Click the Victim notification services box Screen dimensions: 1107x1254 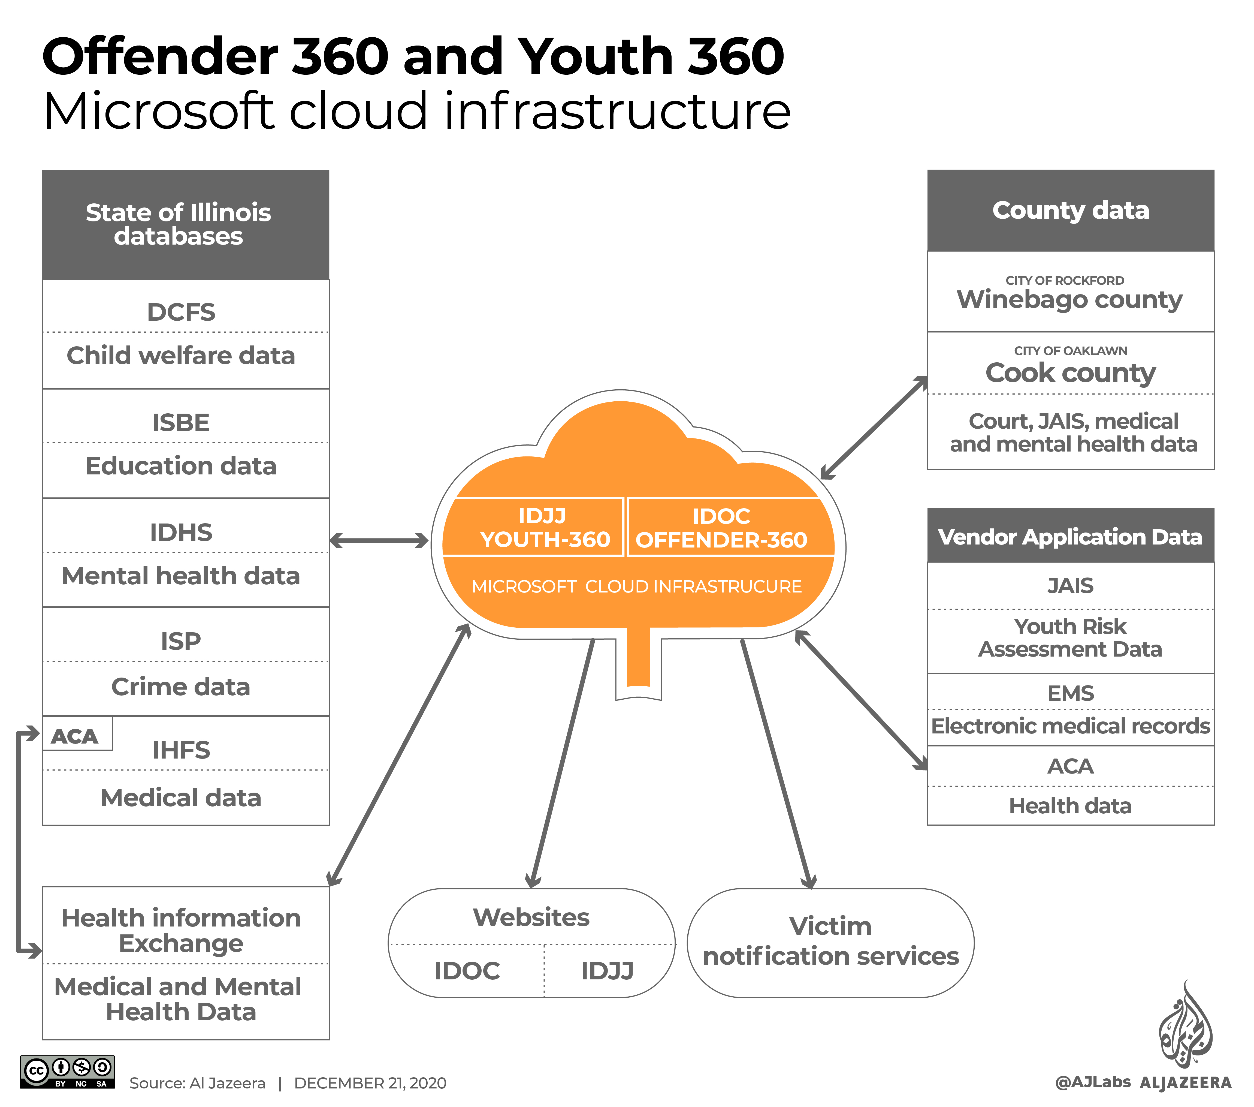pyautogui.click(x=831, y=942)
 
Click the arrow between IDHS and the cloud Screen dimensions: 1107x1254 pyautogui.click(x=379, y=541)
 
